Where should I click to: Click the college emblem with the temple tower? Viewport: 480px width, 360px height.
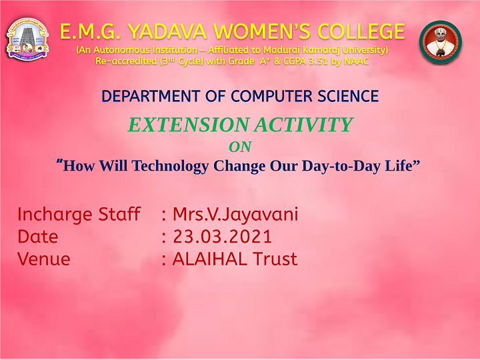[x=27, y=39]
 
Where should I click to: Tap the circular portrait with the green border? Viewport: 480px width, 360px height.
[x=441, y=42]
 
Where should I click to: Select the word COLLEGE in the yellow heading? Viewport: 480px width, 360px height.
[x=361, y=31]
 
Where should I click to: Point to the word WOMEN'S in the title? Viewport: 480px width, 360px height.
[x=263, y=31]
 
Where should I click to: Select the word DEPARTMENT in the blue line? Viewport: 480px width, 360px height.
[x=151, y=96]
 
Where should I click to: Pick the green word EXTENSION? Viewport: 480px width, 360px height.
[x=189, y=125]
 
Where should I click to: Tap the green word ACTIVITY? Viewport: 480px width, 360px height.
[x=304, y=125]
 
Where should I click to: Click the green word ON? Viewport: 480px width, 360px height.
[x=241, y=147]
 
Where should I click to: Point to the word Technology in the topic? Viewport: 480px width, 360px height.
[x=170, y=166]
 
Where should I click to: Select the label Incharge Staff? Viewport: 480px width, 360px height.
[x=79, y=214]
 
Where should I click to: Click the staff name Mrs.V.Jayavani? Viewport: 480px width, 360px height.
[x=235, y=214]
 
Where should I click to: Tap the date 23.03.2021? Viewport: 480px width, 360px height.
[x=223, y=237]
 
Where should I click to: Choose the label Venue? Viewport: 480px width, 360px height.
[x=44, y=259]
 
